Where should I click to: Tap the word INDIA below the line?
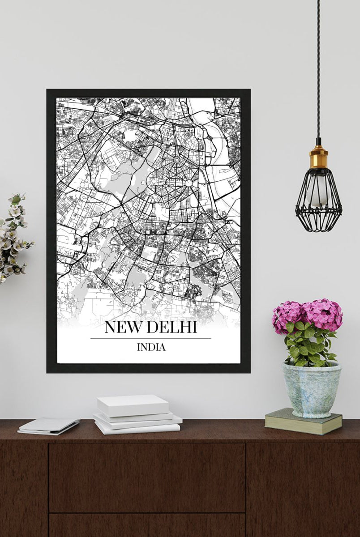[x=151, y=347]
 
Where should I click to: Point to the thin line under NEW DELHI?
[x=150, y=338]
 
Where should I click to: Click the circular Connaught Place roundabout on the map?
[x=189, y=183]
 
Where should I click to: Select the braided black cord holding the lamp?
[x=318, y=67]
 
